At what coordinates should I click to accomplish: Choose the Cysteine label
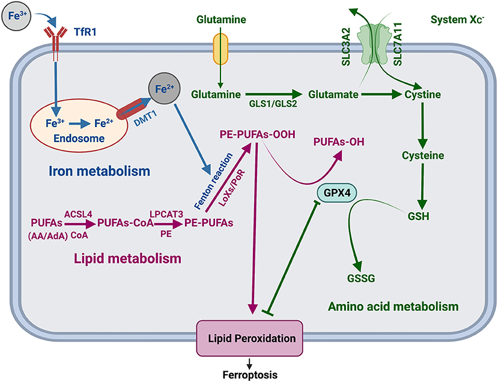(424, 155)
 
